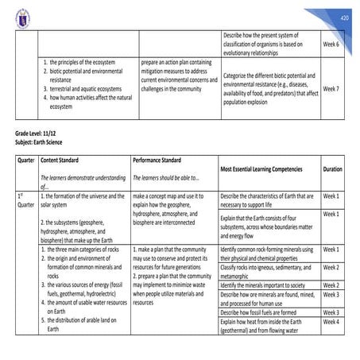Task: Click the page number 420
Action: point(343,17)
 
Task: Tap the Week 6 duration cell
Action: point(331,45)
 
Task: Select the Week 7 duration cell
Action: point(331,89)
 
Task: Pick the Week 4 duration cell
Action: point(331,321)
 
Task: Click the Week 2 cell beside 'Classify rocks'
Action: point(331,267)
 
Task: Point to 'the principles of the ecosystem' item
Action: point(83,62)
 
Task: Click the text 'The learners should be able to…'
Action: point(166,178)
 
